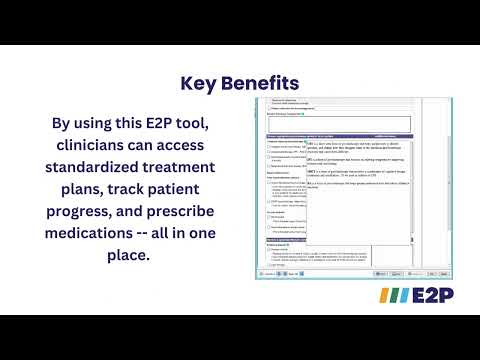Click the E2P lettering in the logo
424,297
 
